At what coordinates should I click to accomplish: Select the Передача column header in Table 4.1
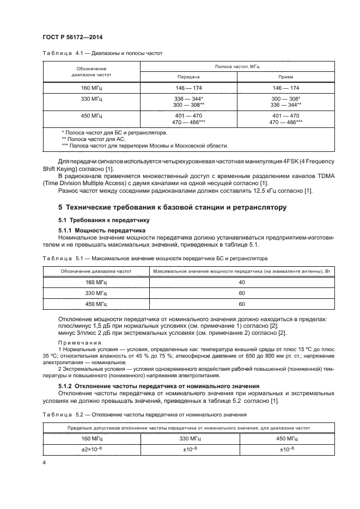click(x=188, y=77)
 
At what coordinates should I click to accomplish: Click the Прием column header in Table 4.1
click(x=285, y=77)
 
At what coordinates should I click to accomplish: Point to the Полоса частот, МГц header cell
click(x=237, y=66)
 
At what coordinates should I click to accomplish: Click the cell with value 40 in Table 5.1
click(x=242, y=282)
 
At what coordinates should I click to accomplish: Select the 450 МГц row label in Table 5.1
click(x=96, y=304)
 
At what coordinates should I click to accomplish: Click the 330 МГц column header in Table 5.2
click(x=188, y=438)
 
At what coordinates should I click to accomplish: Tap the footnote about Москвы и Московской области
click(x=145, y=145)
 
